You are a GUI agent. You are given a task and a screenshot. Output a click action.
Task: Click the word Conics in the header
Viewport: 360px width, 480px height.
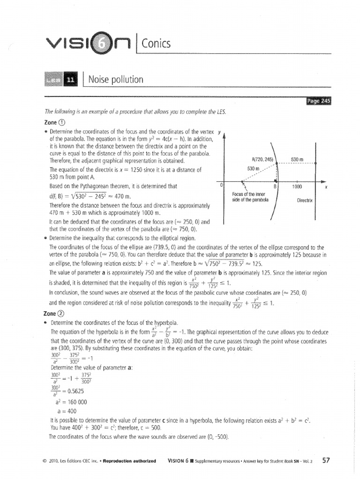coord(155,44)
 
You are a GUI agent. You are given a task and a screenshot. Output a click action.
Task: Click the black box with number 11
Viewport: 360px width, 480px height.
coord(70,80)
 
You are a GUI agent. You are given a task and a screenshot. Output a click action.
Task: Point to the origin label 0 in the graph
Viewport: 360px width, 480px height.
coord(221,185)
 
